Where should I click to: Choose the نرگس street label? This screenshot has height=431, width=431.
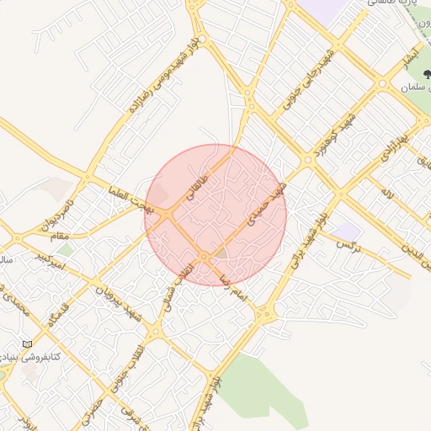click(348, 244)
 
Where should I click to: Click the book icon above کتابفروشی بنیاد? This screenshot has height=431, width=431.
click(29, 344)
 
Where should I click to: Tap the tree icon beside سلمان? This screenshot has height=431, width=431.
click(426, 77)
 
